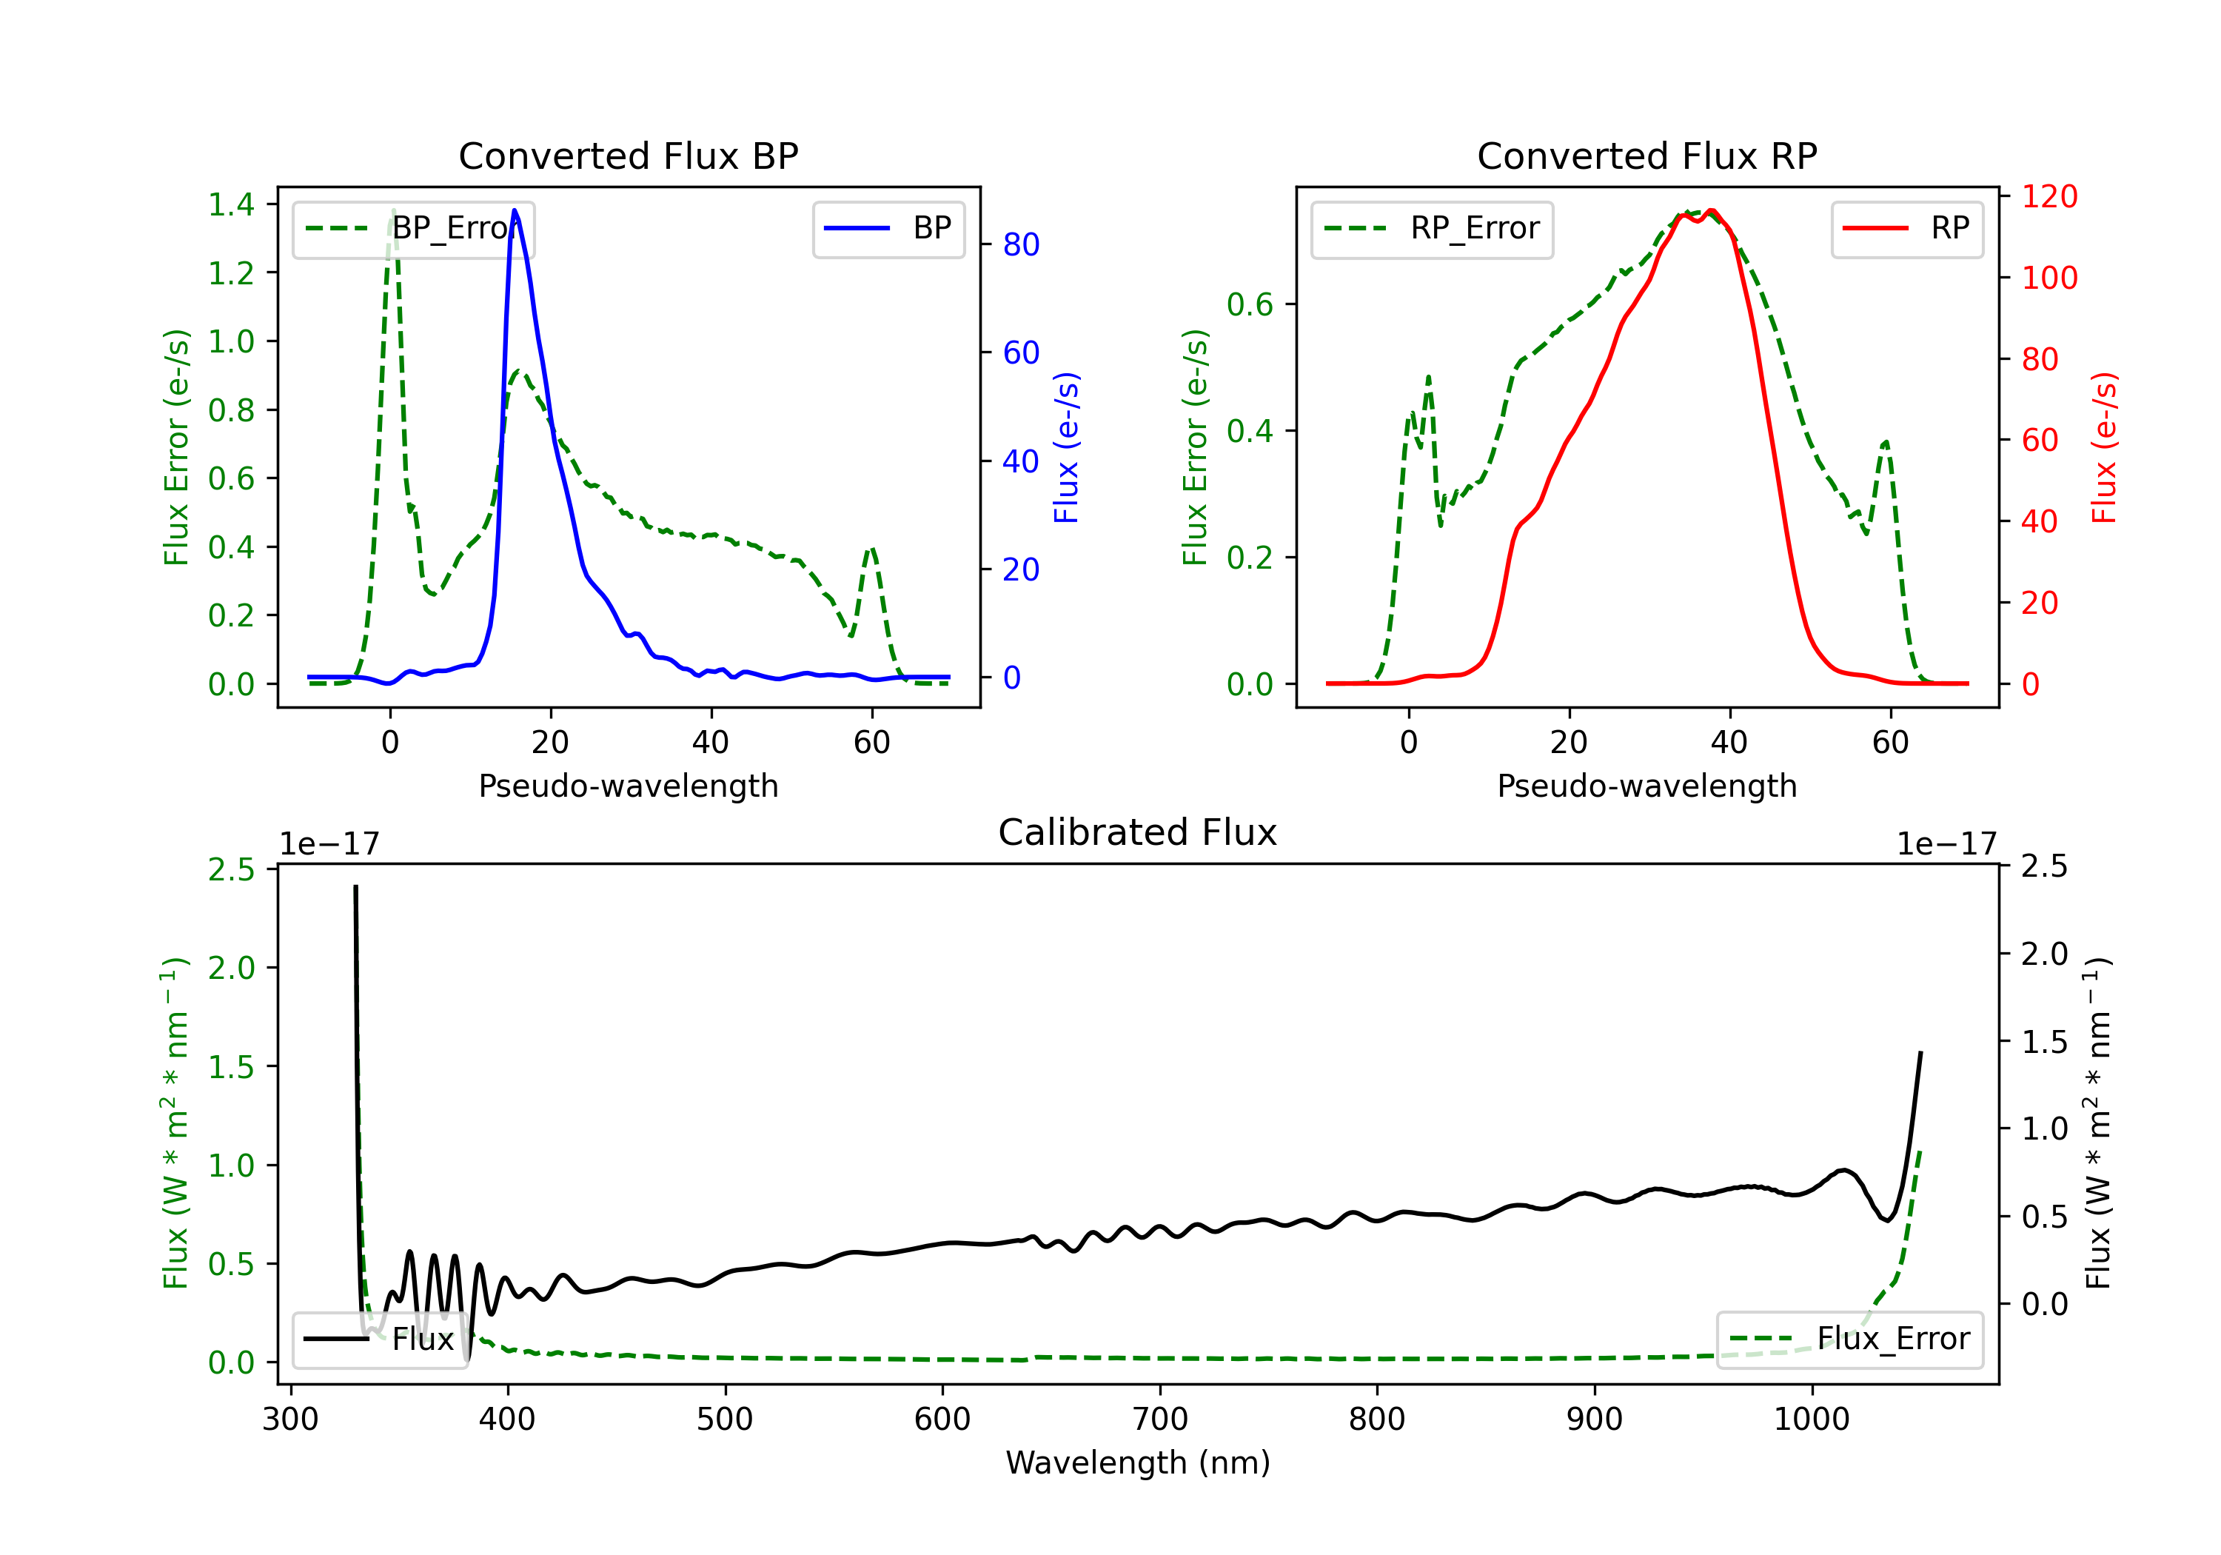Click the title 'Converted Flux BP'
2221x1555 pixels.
[628, 155]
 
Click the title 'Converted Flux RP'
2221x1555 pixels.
[1647, 155]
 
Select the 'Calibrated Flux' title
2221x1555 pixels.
[1138, 832]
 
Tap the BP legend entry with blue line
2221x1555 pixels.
[888, 228]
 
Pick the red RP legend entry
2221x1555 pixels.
[1906, 228]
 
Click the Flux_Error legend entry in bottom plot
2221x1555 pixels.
[1849, 1340]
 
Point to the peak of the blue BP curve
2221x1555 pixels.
[515, 210]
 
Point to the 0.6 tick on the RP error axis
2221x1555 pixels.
[1250, 305]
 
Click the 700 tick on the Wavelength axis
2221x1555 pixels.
[1160, 1419]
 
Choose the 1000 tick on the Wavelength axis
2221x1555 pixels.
[1812, 1419]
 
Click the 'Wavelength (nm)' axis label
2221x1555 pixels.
[1138, 1462]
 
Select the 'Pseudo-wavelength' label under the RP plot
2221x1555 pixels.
[1647, 786]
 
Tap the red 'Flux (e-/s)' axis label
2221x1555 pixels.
[2104, 447]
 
